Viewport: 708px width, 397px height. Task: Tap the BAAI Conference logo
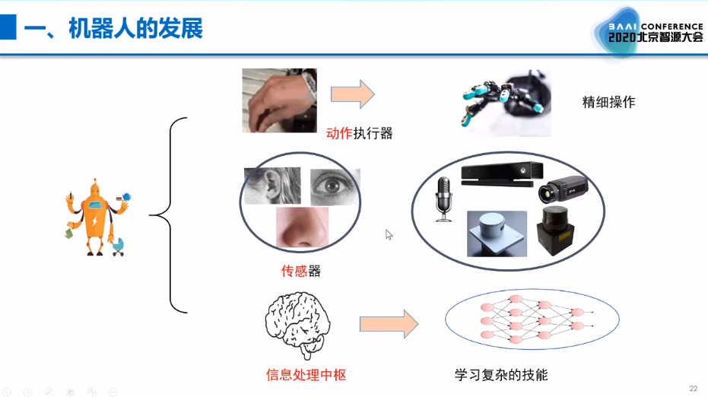coord(647,31)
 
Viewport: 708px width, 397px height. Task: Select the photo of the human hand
coord(279,100)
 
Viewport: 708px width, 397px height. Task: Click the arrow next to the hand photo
coord(352,94)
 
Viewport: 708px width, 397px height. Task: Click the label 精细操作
coord(608,103)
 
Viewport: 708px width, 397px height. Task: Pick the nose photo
coord(302,229)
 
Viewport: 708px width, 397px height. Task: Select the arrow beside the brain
coord(389,323)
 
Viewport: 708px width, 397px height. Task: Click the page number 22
coord(693,389)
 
